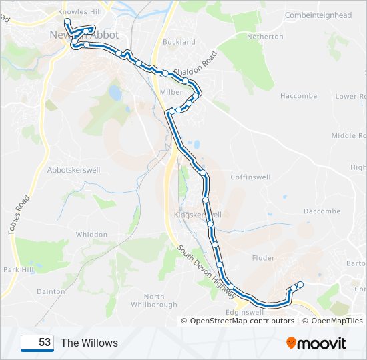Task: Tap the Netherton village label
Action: point(265,37)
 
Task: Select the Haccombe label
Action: point(298,96)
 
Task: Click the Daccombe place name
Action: point(322,211)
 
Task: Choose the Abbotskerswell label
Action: point(73,170)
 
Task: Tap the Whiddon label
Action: point(91,235)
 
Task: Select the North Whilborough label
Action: point(154,301)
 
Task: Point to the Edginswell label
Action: point(246,311)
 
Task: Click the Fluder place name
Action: point(264,257)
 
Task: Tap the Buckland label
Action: point(179,42)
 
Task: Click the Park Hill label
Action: point(18,270)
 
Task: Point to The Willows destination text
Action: point(89,343)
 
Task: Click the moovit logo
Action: point(316,343)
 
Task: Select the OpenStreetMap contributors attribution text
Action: point(242,321)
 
